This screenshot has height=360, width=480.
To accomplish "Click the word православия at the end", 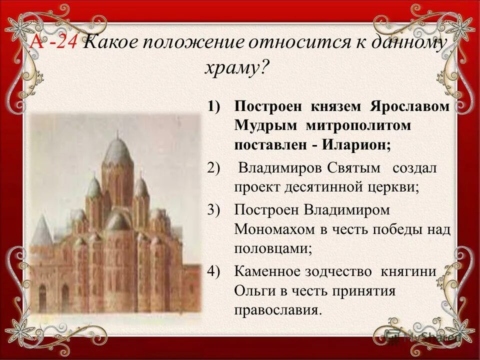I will [x=276, y=310].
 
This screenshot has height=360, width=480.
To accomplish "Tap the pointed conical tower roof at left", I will [x=42, y=230].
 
